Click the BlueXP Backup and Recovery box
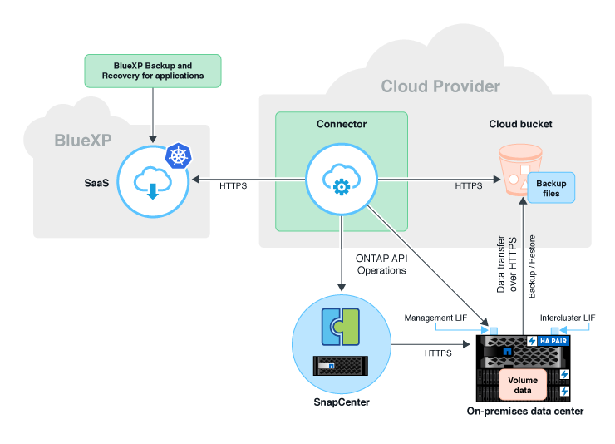153,71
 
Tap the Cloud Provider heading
440,86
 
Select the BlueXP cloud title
82,141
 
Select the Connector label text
341,124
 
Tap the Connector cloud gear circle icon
341,181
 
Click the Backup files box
551,188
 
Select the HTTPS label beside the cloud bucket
468,186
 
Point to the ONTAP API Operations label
381,264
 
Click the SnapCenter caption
342,403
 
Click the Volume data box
522,383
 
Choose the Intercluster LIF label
568,318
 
